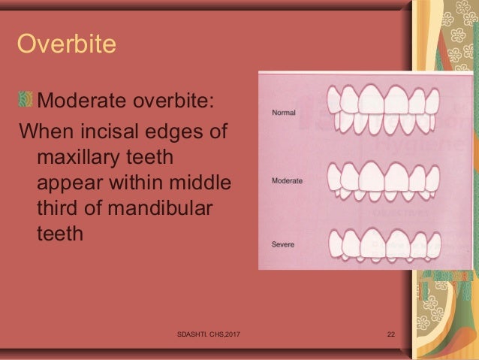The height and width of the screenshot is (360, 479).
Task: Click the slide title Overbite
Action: point(66,44)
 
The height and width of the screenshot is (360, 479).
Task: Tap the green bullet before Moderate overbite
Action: point(27,101)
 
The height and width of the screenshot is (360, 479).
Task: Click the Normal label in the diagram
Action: point(283,113)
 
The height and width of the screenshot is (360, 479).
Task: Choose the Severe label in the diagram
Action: point(283,245)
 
